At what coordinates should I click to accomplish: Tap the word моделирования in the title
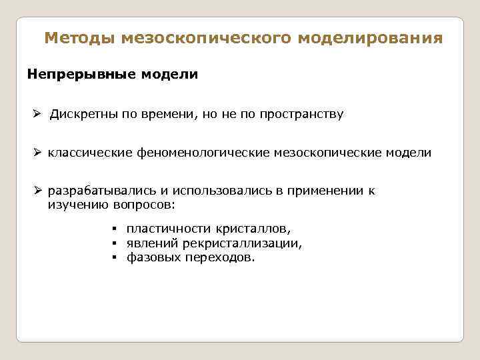(370, 38)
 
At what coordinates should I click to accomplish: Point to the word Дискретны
(83, 114)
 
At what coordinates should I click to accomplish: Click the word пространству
(298, 114)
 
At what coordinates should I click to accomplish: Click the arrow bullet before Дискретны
(39, 114)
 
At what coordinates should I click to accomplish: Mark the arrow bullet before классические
(39, 153)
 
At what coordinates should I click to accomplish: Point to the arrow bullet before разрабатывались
(39, 191)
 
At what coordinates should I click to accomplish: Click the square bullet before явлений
(115, 243)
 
